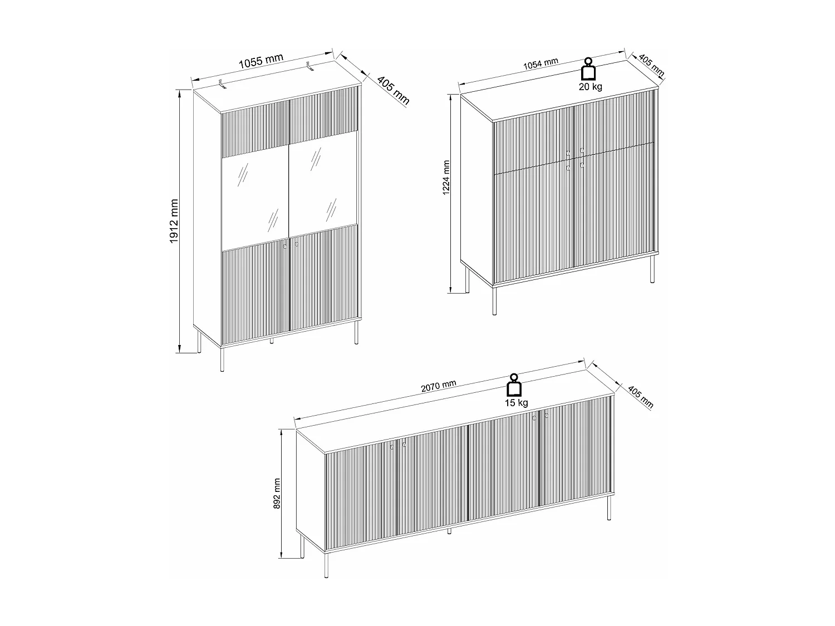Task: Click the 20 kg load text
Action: tap(590, 86)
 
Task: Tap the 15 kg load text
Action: tap(516, 402)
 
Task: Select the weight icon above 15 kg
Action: tap(514, 385)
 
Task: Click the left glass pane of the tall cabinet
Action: tap(255, 199)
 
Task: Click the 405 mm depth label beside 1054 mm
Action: tap(650, 65)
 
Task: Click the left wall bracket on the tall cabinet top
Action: tap(223, 85)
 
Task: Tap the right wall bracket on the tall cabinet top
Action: tap(310, 68)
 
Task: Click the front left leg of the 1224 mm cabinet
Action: tap(494, 300)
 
